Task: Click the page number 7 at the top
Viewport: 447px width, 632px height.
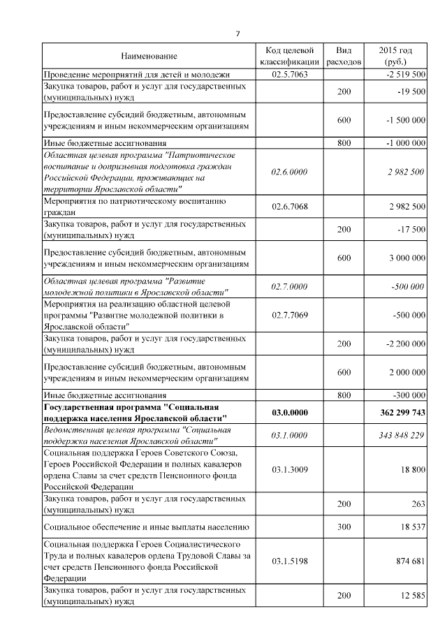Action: tap(237, 34)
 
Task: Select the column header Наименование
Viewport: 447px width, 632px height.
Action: tap(149, 56)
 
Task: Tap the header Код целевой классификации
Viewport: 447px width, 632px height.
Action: tap(289, 56)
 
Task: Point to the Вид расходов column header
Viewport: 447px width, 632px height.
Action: tap(344, 56)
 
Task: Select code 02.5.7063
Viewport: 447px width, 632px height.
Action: tap(289, 74)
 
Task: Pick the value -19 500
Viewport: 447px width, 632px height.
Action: tap(410, 92)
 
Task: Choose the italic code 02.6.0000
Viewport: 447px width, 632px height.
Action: tap(289, 171)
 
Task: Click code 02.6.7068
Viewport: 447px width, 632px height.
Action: tap(289, 207)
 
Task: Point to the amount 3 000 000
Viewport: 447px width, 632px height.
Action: tap(407, 258)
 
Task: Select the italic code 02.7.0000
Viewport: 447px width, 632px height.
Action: tap(289, 286)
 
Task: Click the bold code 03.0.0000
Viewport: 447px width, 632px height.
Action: tap(289, 413)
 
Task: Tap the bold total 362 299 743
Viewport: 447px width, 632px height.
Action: tap(402, 413)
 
